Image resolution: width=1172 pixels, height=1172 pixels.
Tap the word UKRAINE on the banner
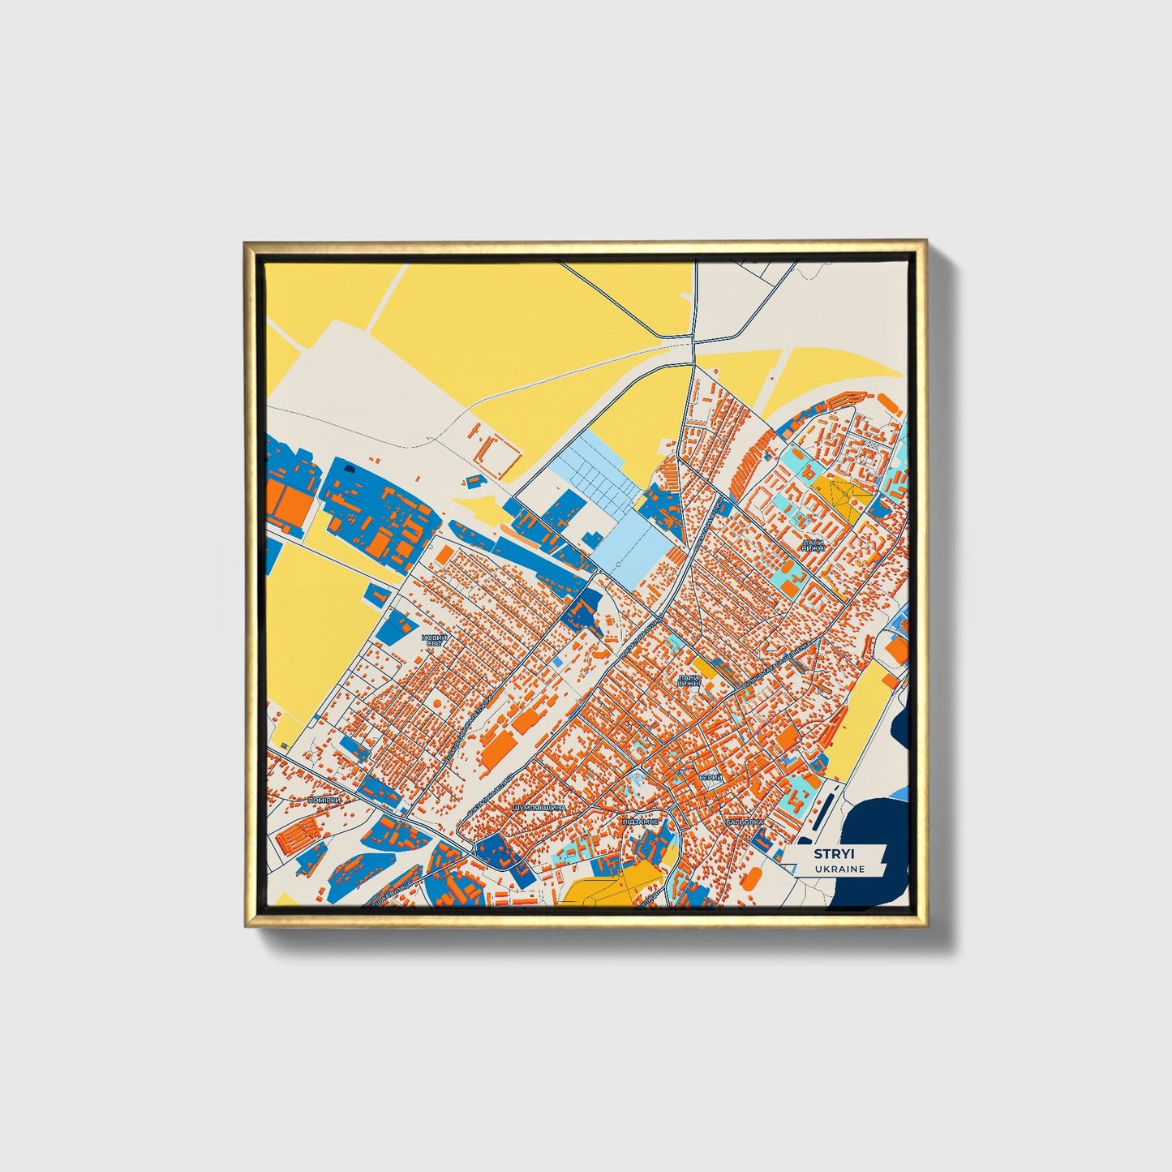[x=840, y=869]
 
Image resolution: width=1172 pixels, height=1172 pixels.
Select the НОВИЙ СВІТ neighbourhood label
[x=434, y=641]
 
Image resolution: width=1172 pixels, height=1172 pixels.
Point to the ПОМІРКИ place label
[x=324, y=800]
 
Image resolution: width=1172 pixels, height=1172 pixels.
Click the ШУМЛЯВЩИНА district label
[x=539, y=809]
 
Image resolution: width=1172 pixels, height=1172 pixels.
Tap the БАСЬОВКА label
[x=745, y=822]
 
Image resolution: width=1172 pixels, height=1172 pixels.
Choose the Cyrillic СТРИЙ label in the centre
[x=710, y=778]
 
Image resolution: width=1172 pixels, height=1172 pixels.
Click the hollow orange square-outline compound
[x=496, y=458]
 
